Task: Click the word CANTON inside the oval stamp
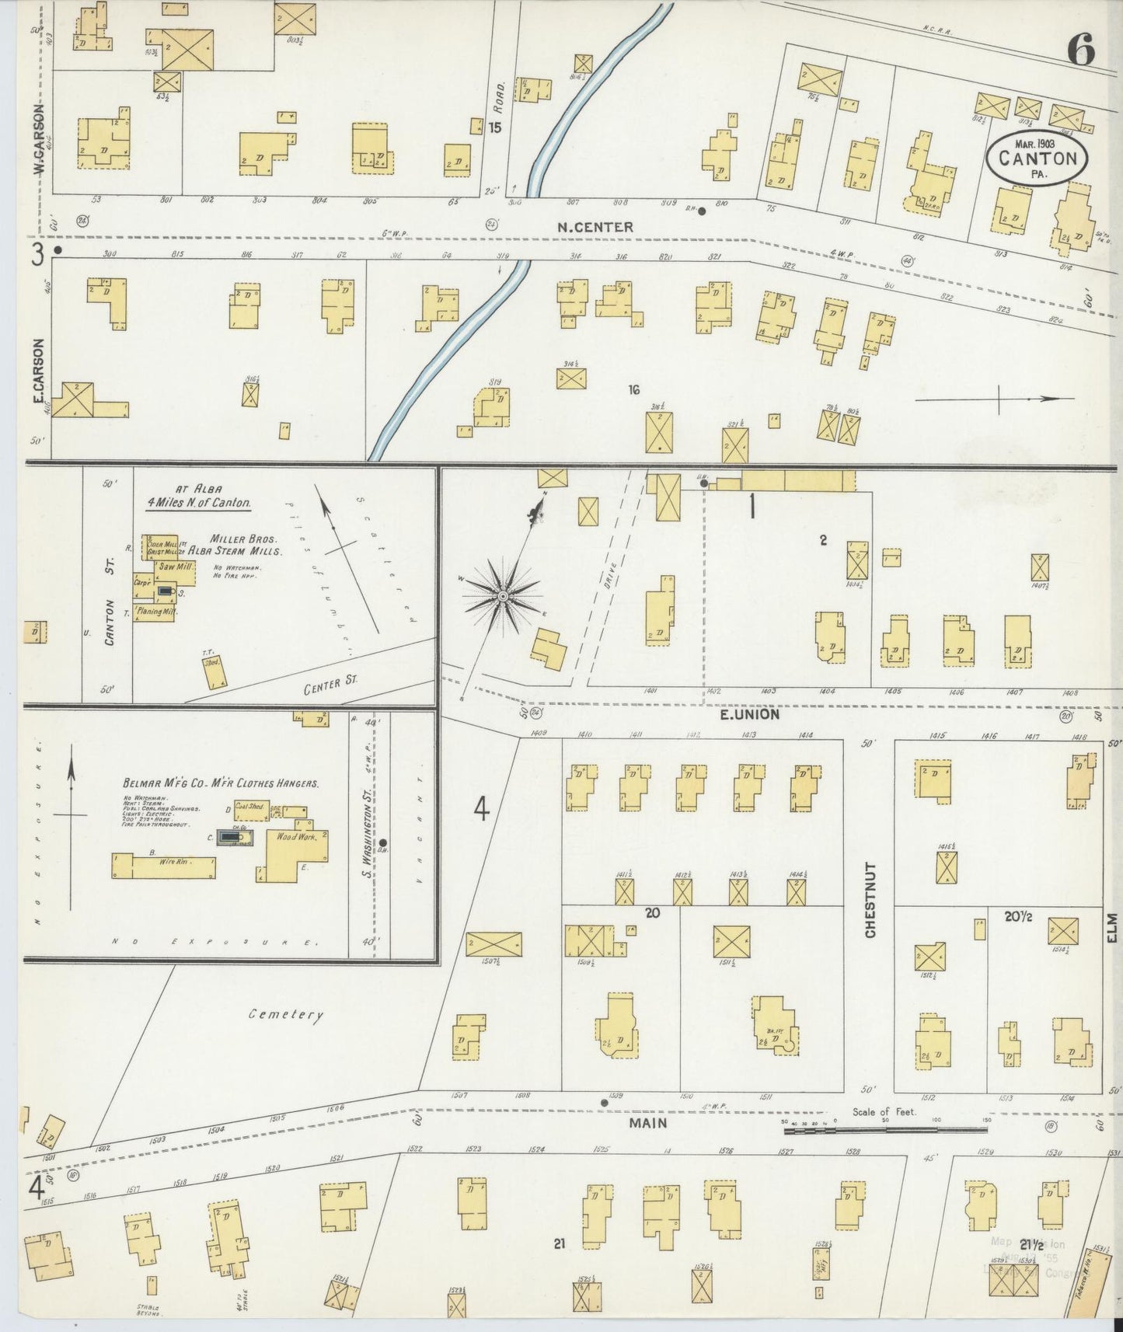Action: click(x=1037, y=159)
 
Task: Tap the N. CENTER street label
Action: click(x=595, y=227)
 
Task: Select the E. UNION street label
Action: click(x=749, y=713)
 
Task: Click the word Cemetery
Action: click(x=285, y=1014)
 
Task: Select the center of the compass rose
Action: click(x=503, y=596)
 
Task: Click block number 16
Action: click(x=634, y=389)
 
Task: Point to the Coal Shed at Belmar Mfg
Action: click(x=250, y=807)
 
